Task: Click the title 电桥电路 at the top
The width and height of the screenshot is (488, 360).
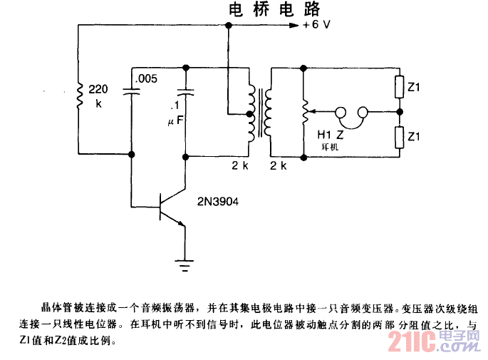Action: coord(274,9)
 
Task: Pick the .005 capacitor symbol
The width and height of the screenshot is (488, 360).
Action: coord(133,91)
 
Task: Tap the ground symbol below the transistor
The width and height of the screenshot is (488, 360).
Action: coord(186,266)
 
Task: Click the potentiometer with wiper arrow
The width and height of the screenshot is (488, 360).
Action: coord(304,112)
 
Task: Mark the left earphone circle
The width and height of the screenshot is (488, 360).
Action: coord(342,112)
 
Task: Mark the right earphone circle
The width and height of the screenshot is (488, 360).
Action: coord(363,112)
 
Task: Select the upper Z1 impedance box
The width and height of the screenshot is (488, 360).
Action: coord(399,88)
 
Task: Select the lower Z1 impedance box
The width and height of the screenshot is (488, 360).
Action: coord(399,135)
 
